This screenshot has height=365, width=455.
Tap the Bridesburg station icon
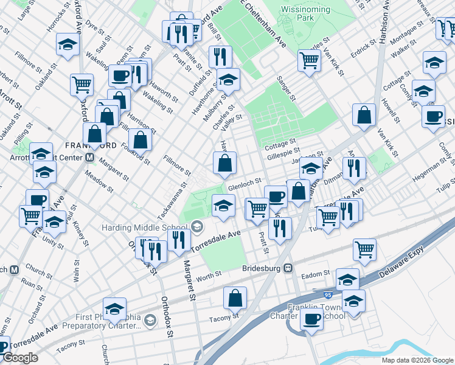289,268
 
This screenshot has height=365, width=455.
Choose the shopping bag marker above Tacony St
235,297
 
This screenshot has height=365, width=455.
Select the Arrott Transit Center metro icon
89,157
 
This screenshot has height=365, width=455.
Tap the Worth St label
209,276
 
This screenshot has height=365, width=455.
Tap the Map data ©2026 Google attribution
417,360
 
